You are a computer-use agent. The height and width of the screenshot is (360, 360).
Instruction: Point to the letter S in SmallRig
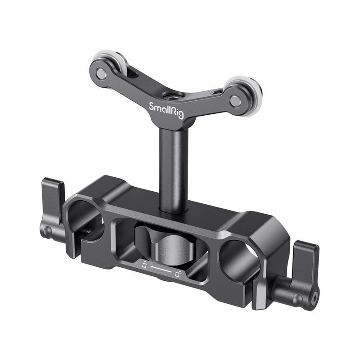pos(152,107)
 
